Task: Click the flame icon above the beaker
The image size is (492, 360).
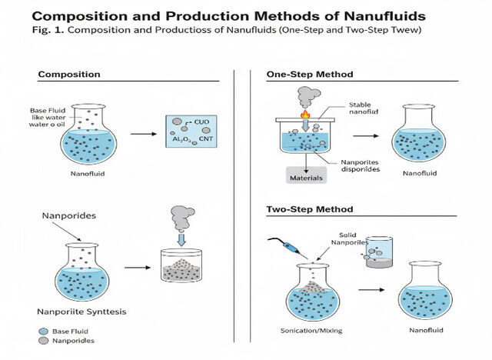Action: [305, 114]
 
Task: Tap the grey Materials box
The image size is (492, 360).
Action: [306, 175]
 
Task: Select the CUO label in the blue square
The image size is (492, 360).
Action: [201, 122]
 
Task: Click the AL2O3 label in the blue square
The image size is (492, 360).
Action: [181, 139]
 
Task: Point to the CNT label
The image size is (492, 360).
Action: [206, 138]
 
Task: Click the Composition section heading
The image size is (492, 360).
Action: [69, 75]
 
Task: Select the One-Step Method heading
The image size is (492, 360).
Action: [310, 75]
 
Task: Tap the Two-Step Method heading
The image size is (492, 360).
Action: [310, 209]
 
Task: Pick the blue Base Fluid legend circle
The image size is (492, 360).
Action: [44, 332]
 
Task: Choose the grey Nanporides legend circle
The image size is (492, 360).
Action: [44, 341]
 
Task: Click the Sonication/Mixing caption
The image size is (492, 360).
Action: [311, 331]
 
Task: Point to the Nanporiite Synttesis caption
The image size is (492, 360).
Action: [81, 312]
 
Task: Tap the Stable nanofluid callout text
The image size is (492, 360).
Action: [364, 108]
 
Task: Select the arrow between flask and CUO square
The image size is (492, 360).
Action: [144, 134]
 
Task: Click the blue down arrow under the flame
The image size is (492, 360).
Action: [305, 125]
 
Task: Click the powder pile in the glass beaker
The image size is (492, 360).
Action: [181, 269]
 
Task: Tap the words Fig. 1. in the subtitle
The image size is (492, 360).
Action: [48, 30]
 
